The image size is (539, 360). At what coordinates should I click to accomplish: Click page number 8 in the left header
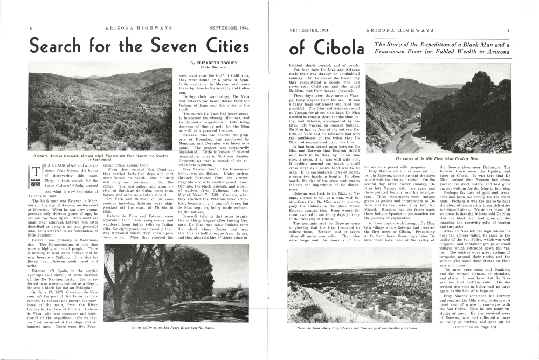click(x=31, y=28)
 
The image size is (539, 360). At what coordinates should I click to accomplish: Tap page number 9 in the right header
click(x=508, y=31)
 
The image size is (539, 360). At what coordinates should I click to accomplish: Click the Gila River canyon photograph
click(x=438, y=108)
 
